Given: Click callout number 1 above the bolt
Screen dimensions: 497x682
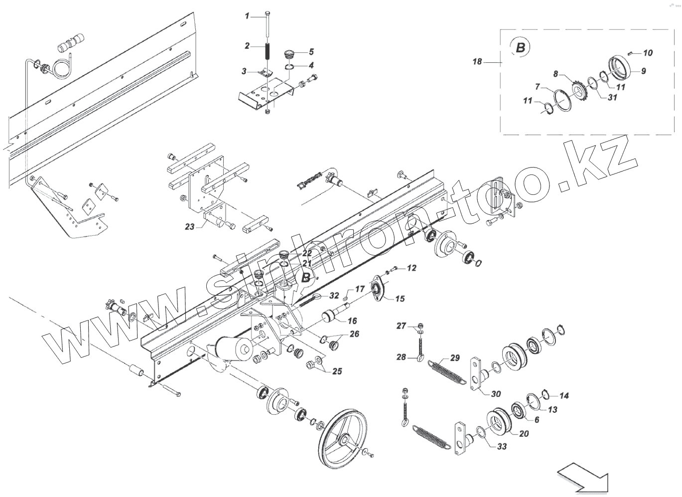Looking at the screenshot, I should [247, 16].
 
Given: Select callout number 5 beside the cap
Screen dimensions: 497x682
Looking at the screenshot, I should [311, 51].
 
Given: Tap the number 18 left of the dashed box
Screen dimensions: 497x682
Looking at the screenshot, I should [477, 62].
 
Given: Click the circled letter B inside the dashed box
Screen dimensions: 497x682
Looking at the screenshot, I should [520, 48].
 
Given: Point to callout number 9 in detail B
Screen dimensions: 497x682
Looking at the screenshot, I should [643, 71].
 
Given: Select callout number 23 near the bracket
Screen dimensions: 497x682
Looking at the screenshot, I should [189, 226].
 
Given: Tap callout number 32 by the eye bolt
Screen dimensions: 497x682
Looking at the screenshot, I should [334, 296].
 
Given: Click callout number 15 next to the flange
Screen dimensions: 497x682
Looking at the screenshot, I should [400, 299].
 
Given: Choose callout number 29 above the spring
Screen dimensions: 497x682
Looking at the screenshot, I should [455, 358].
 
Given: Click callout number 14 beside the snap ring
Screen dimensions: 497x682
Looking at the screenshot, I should [563, 396].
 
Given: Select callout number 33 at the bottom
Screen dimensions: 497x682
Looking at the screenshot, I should [502, 447].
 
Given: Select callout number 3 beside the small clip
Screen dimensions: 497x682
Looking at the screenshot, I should [244, 72].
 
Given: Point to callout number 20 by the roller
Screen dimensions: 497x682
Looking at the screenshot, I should [524, 434].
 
